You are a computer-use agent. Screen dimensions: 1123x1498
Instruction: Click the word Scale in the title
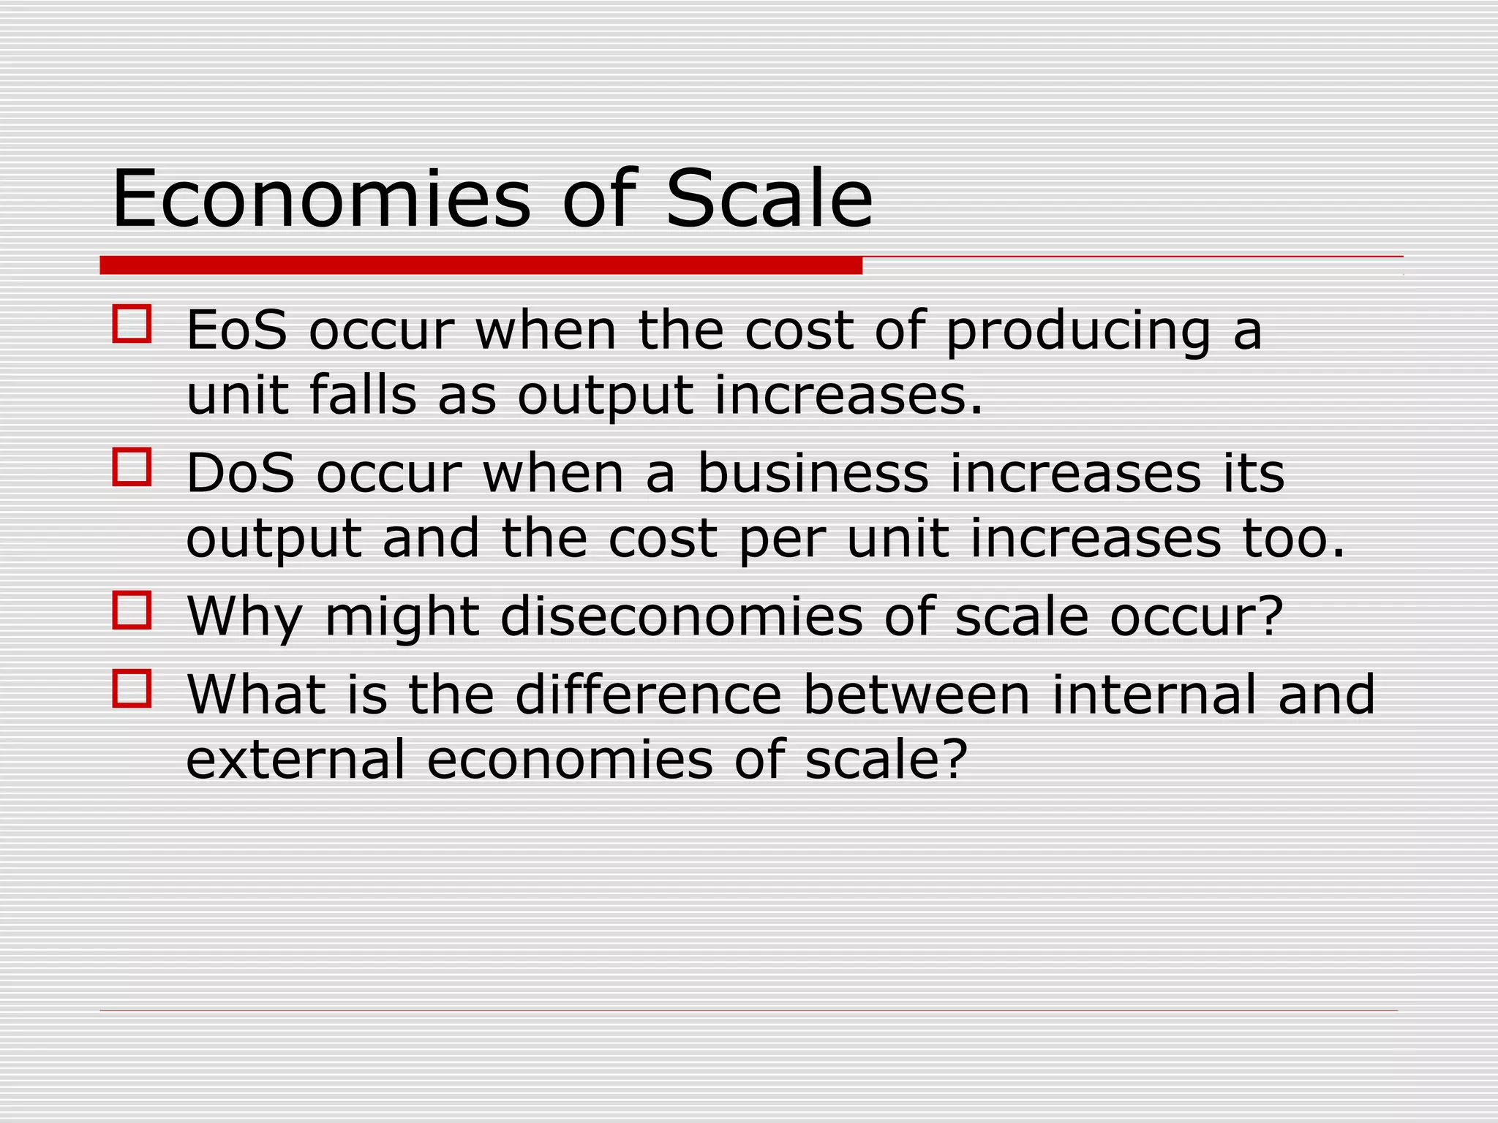pyautogui.click(x=769, y=199)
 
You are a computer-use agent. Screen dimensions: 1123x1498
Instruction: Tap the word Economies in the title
pyautogui.click(x=321, y=199)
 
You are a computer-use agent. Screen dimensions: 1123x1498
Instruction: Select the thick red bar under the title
pyautogui.click(x=481, y=265)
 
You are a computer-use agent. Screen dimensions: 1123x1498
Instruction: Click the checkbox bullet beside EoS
pyautogui.click(x=132, y=324)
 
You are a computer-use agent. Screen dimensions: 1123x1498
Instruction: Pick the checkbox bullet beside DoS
pyautogui.click(x=132, y=467)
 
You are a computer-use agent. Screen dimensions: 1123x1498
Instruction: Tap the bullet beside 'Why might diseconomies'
pyautogui.click(x=132, y=610)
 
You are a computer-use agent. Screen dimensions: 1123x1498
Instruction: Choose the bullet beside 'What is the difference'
pyautogui.click(x=132, y=688)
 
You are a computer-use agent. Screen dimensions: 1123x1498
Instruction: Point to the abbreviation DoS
pyautogui.click(x=241, y=474)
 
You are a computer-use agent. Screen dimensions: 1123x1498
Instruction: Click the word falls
pyautogui.click(x=362, y=395)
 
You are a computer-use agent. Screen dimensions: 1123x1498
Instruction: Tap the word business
pyautogui.click(x=813, y=474)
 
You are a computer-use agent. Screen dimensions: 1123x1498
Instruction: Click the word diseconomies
pyautogui.click(x=682, y=617)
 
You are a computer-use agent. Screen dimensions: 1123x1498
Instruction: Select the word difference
pyautogui.click(x=648, y=695)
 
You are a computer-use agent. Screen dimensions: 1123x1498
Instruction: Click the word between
pyautogui.click(x=917, y=695)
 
